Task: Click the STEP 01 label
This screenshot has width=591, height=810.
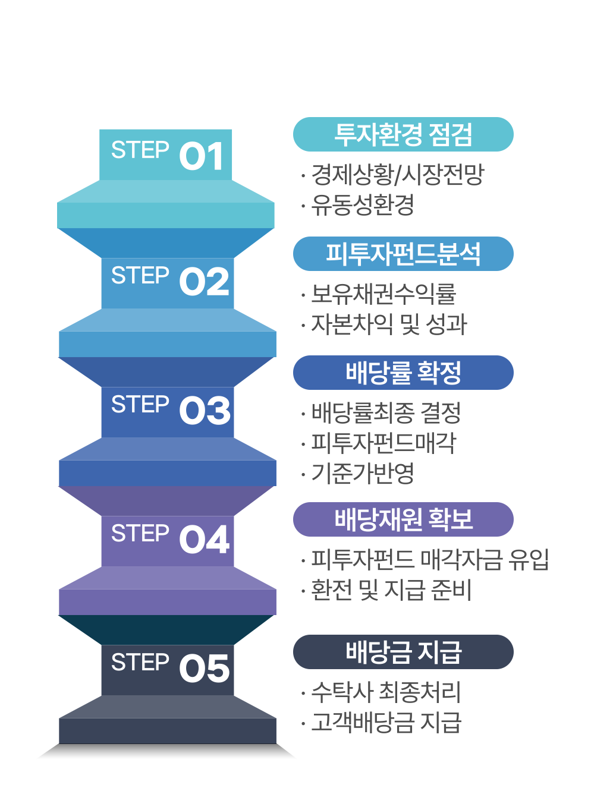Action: click(x=167, y=154)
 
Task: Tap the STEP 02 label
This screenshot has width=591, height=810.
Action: click(x=169, y=280)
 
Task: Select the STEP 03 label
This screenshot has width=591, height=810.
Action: click(x=170, y=409)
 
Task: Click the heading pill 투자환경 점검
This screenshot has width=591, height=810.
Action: click(x=403, y=134)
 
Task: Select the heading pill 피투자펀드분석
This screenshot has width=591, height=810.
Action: click(x=403, y=254)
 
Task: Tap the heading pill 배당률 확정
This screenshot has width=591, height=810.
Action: click(x=403, y=373)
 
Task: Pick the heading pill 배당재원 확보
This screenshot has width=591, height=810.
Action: click(x=403, y=519)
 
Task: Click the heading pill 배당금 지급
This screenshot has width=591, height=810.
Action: click(x=403, y=652)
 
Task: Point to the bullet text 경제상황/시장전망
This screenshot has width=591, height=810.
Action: click(x=398, y=174)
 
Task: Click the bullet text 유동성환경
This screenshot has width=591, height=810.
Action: click(x=363, y=204)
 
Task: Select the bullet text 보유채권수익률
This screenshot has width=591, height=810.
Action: click(x=383, y=293)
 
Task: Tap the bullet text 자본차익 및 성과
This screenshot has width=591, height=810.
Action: click(x=389, y=324)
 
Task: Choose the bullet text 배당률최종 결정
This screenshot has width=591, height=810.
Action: click(x=386, y=412)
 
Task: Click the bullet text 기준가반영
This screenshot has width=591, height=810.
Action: click(x=363, y=473)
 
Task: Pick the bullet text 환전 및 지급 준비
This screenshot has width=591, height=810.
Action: click(x=391, y=590)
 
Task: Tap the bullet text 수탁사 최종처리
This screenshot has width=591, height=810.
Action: click(x=386, y=691)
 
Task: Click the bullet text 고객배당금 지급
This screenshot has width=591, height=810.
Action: click(x=386, y=722)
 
